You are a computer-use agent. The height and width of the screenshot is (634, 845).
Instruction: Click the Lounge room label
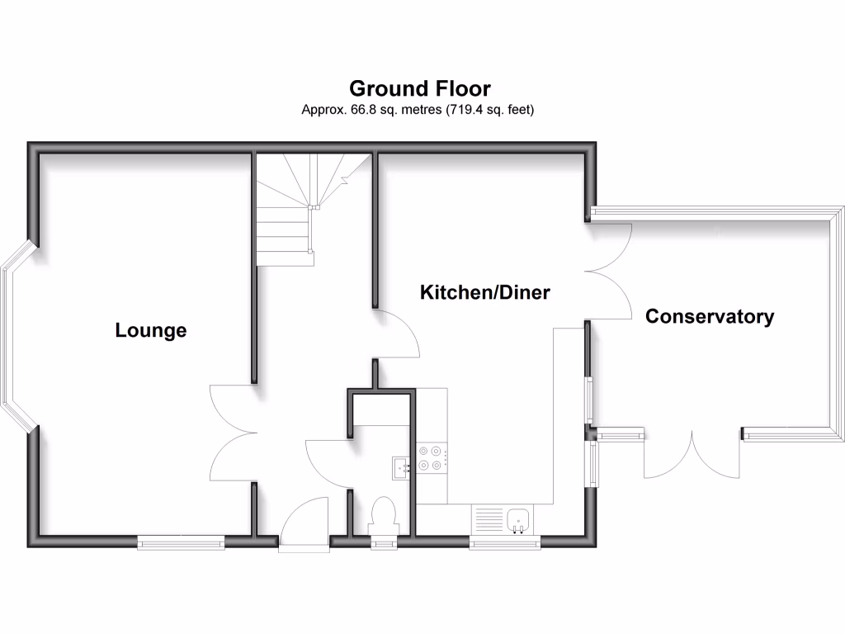pos(151,331)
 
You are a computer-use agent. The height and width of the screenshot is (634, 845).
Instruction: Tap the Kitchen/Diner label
pos(484,292)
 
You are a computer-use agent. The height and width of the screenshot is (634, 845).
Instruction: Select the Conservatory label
pos(710,316)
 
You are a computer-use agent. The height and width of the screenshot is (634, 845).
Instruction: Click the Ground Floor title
pos(420,88)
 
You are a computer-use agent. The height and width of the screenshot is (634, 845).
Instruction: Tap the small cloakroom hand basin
pos(401,468)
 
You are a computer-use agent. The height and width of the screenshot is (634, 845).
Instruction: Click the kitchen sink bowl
pos(519,520)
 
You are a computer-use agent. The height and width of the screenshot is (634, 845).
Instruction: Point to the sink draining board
pos(488,520)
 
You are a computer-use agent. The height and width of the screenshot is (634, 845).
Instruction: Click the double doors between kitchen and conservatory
pos(609,272)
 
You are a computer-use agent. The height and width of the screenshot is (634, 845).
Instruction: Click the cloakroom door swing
pos(328,463)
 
